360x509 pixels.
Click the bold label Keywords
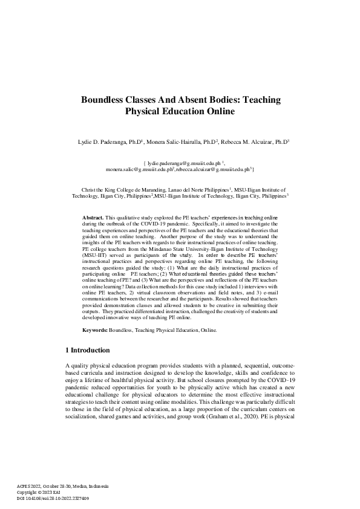(x=95, y=331)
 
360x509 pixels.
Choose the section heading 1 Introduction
(x=87, y=351)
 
